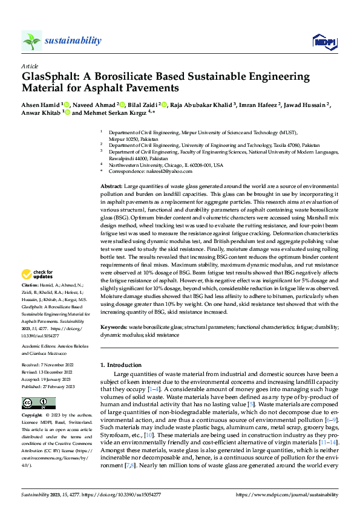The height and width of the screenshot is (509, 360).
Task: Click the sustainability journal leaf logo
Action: pos(31,41)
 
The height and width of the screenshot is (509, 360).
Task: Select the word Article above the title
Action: pos(30,65)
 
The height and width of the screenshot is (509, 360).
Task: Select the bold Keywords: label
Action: pos(114,326)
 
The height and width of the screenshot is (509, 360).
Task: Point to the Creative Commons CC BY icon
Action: pos(35,403)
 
